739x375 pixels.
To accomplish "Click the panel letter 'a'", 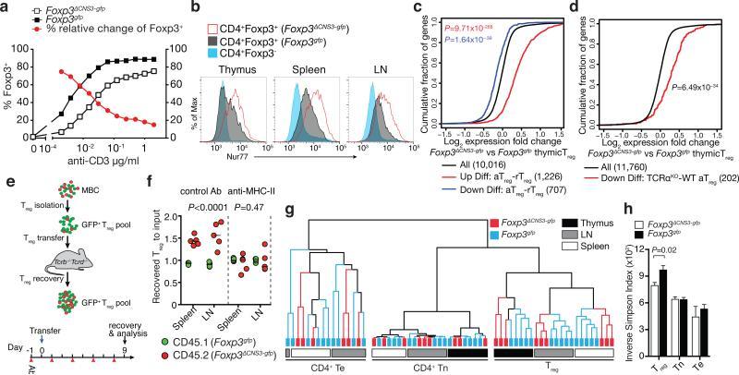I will coord(6,6).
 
